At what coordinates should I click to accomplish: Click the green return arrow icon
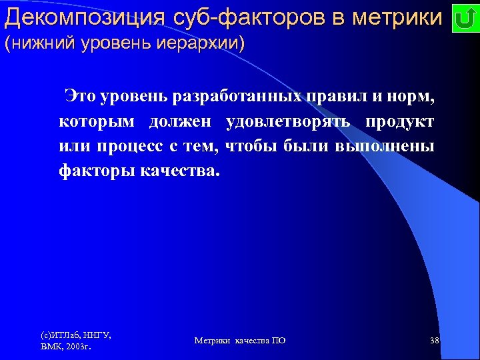[463, 19]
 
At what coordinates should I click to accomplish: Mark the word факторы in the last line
[96, 171]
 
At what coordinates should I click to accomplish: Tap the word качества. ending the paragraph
[179, 171]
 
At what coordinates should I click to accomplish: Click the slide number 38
[435, 341]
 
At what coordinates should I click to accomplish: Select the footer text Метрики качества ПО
[240, 341]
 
